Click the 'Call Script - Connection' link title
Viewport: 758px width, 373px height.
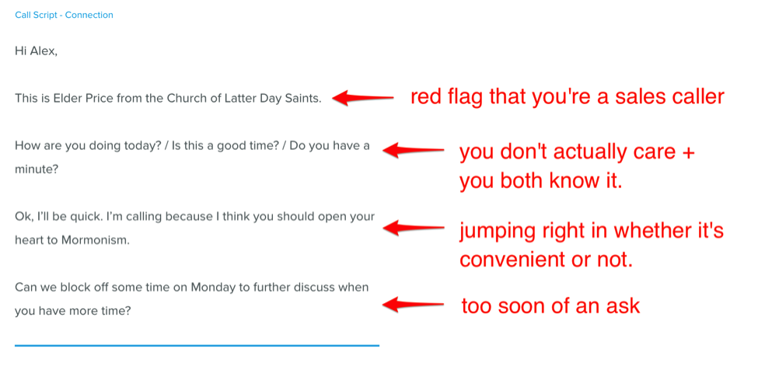coord(64,15)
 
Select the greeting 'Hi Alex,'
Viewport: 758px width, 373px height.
coord(36,51)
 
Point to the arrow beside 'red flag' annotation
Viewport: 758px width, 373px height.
coord(363,98)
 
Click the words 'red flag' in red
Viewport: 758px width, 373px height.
coord(448,98)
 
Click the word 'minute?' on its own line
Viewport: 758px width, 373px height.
coord(36,170)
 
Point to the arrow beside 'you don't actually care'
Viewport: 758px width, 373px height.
coord(414,150)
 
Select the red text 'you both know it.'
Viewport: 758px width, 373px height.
coord(540,182)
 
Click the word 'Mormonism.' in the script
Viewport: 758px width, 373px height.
coord(96,240)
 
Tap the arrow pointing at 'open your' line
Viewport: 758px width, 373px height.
coord(414,228)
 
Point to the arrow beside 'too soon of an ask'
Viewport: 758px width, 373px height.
coord(414,305)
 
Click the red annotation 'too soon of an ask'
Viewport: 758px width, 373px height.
coord(550,306)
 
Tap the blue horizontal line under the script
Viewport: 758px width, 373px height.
coord(197,346)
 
